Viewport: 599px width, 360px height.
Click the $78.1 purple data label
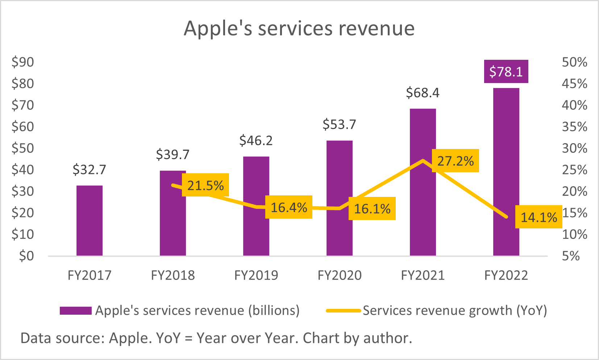click(x=506, y=71)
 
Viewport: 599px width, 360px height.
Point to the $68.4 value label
click(x=423, y=93)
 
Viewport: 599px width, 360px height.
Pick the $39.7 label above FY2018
click(x=172, y=155)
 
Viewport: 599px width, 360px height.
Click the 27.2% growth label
click(x=456, y=161)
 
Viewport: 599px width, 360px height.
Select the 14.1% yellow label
click(x=539, y=217)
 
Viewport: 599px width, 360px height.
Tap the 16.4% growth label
click(x=289, y=207)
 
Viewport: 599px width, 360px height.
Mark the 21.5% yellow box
click(x=205, y=185)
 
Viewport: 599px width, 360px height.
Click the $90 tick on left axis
click(x=22, y=62)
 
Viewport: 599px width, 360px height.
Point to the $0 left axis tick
click(x=26, y=256)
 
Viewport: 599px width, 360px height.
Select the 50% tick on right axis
click(x=574, y=62)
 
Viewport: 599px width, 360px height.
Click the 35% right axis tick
click(x=574, y=127)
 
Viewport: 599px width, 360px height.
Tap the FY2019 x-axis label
click(x=256, y=276)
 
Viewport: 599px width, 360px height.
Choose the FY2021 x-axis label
click(x=423, y=276)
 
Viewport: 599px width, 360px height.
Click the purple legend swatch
click(x=75, y=311)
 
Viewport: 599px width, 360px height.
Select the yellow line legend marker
click(x=343, y=311)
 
